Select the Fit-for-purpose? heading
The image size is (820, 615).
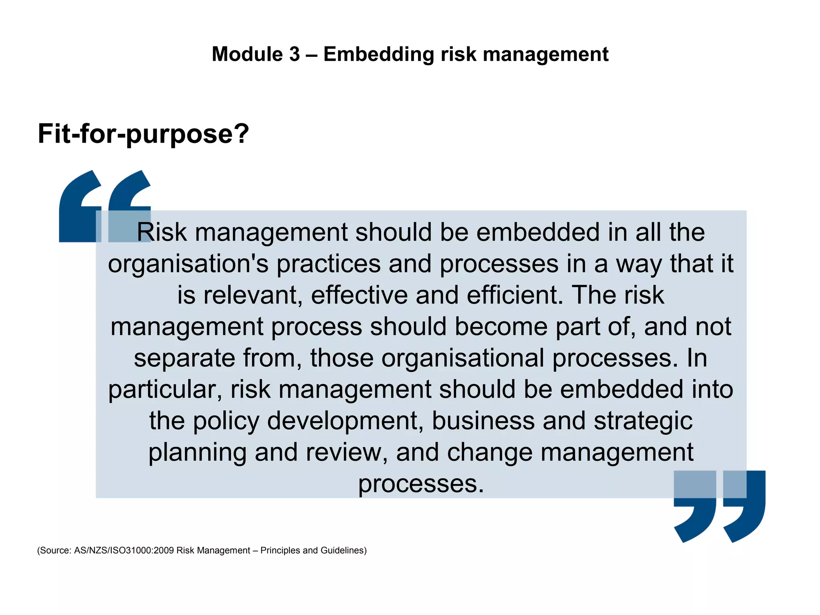click(x=143, y=134)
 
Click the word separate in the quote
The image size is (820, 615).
click(x=184, y=358)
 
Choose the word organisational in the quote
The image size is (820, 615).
click(x=462, y=358)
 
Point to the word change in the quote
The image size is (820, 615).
click(x=489, y=452)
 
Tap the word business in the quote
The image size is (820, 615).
click(x=483, y=421)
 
